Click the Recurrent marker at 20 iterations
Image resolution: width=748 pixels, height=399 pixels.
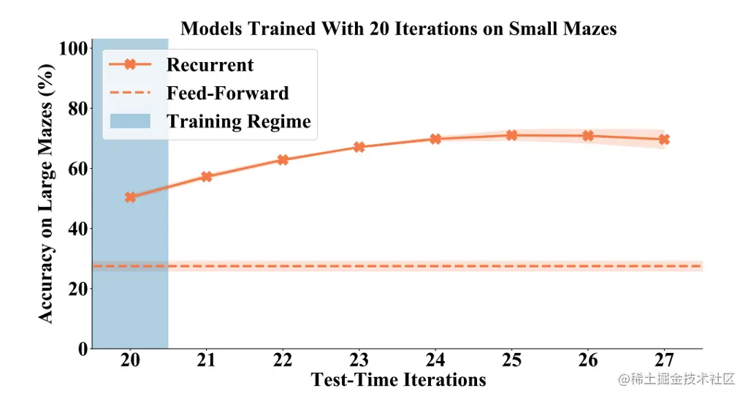coord(130,197)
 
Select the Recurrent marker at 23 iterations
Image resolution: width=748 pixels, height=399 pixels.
coord(359,147)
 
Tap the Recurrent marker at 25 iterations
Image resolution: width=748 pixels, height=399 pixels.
coord(511,135)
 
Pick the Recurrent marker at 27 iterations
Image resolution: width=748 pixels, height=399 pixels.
coord(664,139)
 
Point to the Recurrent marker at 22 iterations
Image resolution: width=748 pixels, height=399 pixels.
coord(283,159)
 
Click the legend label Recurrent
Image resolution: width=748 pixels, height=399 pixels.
coord(210,65)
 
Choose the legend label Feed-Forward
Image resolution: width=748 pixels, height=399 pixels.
coord(227,94)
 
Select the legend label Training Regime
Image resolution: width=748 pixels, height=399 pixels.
coord(239,121)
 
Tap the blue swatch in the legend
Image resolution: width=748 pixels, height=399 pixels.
coord(129,121)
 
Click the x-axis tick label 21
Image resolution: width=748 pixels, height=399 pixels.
coord(207,361)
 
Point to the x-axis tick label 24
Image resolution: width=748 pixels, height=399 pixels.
coord(435,361)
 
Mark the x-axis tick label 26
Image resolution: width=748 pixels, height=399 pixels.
coord(588,361)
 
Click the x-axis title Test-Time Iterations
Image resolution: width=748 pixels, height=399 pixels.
coord(398,380)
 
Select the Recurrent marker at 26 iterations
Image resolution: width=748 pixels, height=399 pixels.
coord(588,136)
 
